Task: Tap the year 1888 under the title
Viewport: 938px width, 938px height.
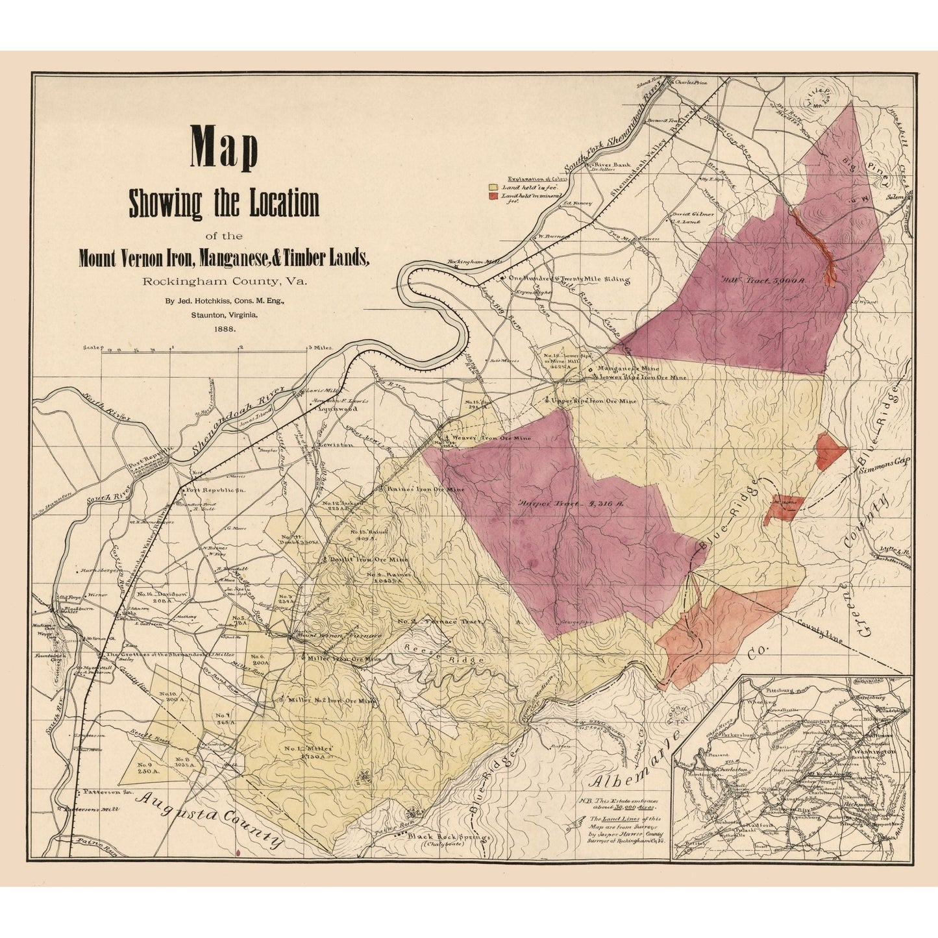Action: click(x=224, y=329)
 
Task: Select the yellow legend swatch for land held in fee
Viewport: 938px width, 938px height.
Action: click(x=493, y=186)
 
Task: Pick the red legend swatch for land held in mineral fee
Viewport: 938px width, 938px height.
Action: click(x=493, y=195)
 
